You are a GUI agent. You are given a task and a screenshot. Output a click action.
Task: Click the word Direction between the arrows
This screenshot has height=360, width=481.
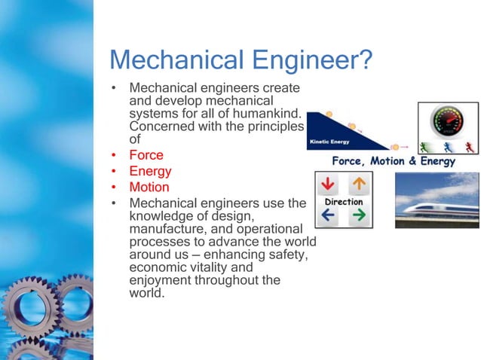344,201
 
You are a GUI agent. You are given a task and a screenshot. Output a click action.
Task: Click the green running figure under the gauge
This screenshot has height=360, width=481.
424,146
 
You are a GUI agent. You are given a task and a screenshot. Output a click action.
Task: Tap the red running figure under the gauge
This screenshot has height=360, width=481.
469,146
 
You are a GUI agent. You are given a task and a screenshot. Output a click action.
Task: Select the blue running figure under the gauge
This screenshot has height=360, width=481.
447,146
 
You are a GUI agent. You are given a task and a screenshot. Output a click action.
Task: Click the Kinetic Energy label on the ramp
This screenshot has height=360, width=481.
329,141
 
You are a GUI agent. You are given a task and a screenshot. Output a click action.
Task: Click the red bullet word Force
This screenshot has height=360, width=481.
146,156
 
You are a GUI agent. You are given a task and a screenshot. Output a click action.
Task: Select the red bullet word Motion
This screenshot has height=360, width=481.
149,187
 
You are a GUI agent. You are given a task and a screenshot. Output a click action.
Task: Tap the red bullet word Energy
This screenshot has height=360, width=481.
151,172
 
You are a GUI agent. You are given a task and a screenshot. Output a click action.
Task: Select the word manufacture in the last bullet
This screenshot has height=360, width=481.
166,228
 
